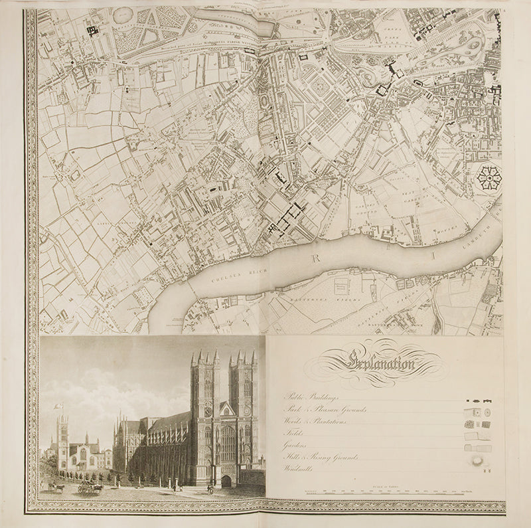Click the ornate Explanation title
tap(380, 363)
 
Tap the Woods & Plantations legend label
tap(316, 421)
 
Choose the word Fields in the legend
tap(293, 434)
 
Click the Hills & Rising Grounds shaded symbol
tap(477, 459)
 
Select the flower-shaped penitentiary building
tap(489, 177)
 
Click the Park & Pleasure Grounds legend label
tap(325, 410)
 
